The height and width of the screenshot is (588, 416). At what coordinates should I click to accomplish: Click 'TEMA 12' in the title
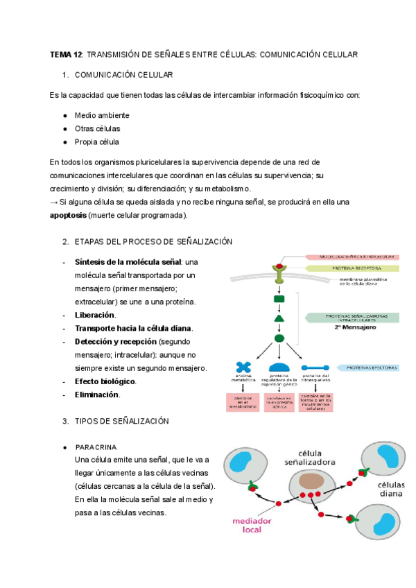(x=66, y=54)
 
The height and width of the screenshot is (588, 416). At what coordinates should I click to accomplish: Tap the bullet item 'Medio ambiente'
(x=102, y=115)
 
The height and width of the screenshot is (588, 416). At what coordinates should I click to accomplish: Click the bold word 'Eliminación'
(x=97, y=395)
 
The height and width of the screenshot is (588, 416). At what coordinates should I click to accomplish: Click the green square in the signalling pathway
(x=279, y=300)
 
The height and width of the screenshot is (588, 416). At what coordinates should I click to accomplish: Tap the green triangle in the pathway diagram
(x=279, y=318)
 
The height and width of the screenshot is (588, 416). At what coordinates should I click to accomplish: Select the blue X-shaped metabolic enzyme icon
(x=243, y=367)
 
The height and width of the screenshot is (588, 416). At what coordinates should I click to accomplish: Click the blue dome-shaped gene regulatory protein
(x=279, y=367)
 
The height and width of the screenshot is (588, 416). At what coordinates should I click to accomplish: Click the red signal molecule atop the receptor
(x=279, y=266)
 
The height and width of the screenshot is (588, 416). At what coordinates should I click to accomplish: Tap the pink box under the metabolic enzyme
(x=243, y=402)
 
